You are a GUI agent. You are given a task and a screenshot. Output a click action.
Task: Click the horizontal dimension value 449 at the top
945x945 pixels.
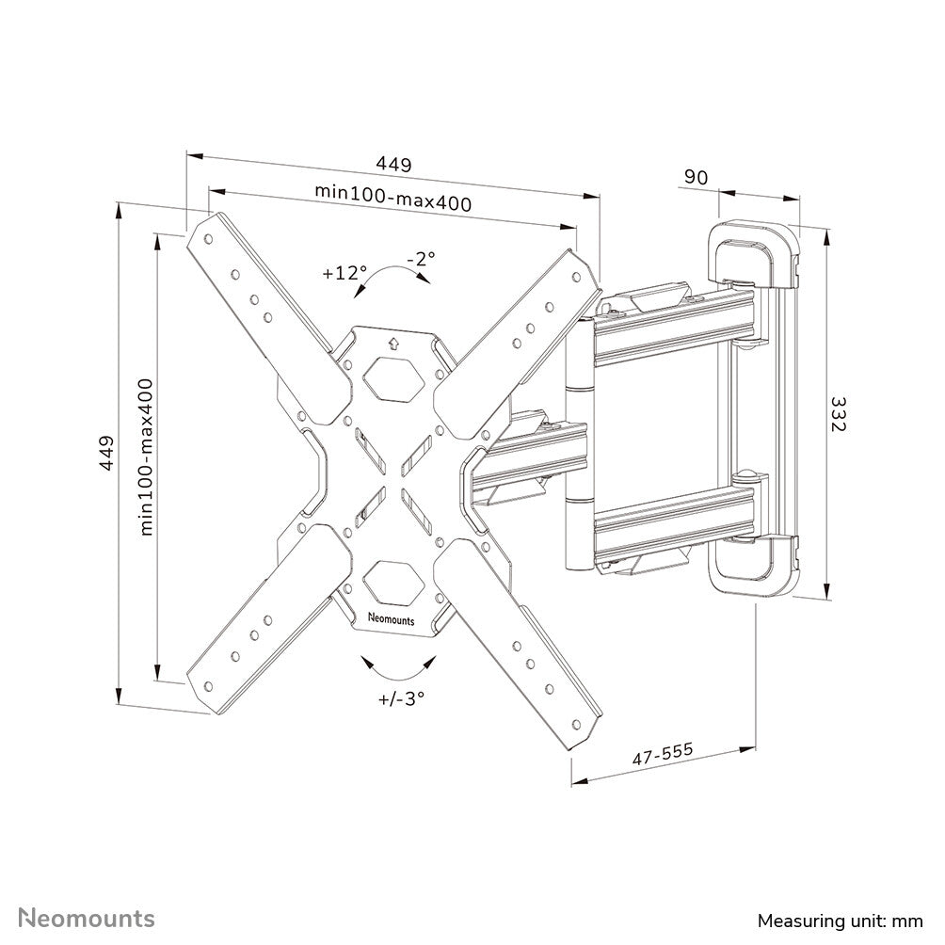[393, 164]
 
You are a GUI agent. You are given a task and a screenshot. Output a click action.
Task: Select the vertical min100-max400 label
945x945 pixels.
[146, 457]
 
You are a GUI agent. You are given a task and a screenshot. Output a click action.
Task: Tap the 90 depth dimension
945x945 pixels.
[696, 177]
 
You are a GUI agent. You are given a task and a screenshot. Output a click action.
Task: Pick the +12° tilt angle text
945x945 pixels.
[343, 273]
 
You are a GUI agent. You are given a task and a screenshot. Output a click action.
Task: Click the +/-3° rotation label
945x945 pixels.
[402, 698]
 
